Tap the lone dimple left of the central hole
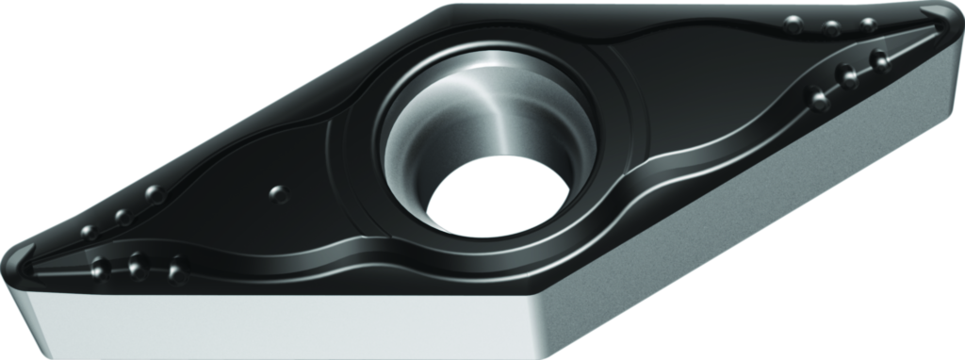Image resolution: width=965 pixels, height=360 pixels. [x=278, y=193]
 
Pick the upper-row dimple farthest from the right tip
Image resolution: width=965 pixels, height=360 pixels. [x=794, y=24]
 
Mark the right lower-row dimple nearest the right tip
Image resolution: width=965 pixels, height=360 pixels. [x=880, y=60]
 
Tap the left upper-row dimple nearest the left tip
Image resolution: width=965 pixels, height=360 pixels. [x=90, y=232]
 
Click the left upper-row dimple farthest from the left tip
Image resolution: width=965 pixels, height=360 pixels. [x=154, y=195]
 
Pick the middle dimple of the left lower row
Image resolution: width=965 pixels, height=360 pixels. [x=138, y=265]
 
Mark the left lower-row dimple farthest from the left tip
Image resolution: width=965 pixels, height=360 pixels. [x=177, y=271]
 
